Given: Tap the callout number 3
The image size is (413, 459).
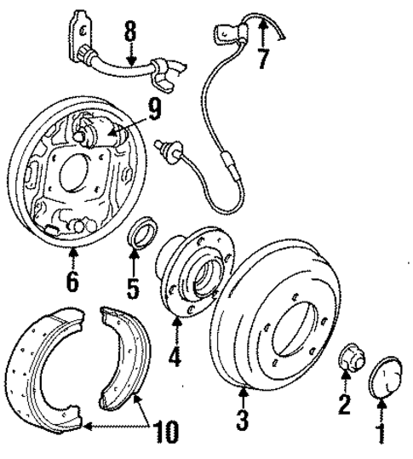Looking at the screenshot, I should tap(243, 420).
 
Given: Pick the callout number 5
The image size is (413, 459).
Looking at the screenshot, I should tap(134, 289).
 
